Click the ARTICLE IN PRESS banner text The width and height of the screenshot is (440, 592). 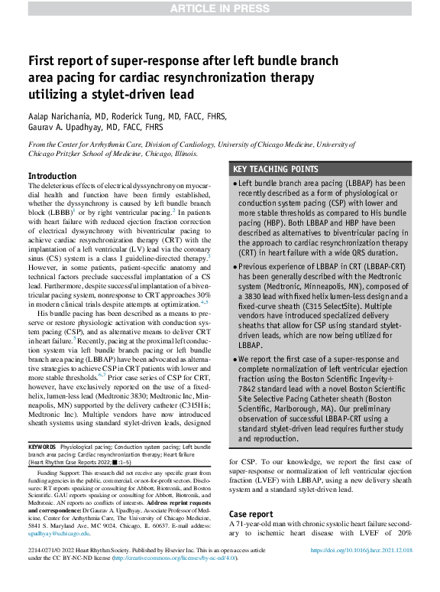pos(219,9)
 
